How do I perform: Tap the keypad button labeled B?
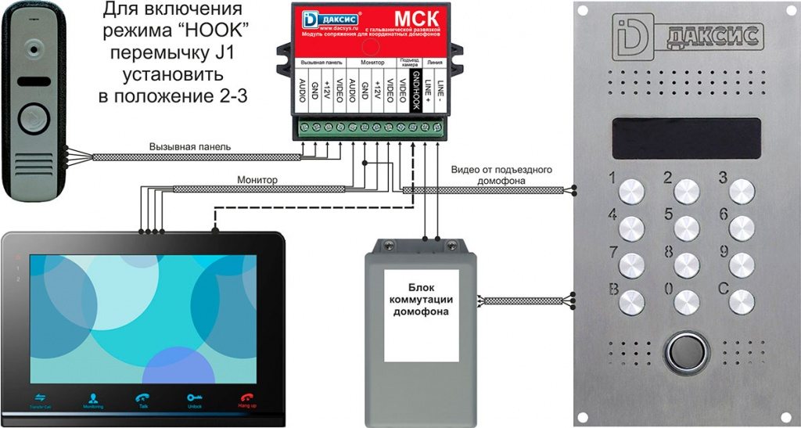[631, 300]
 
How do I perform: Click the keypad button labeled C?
[741, 300]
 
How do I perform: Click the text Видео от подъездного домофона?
[502, 175]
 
